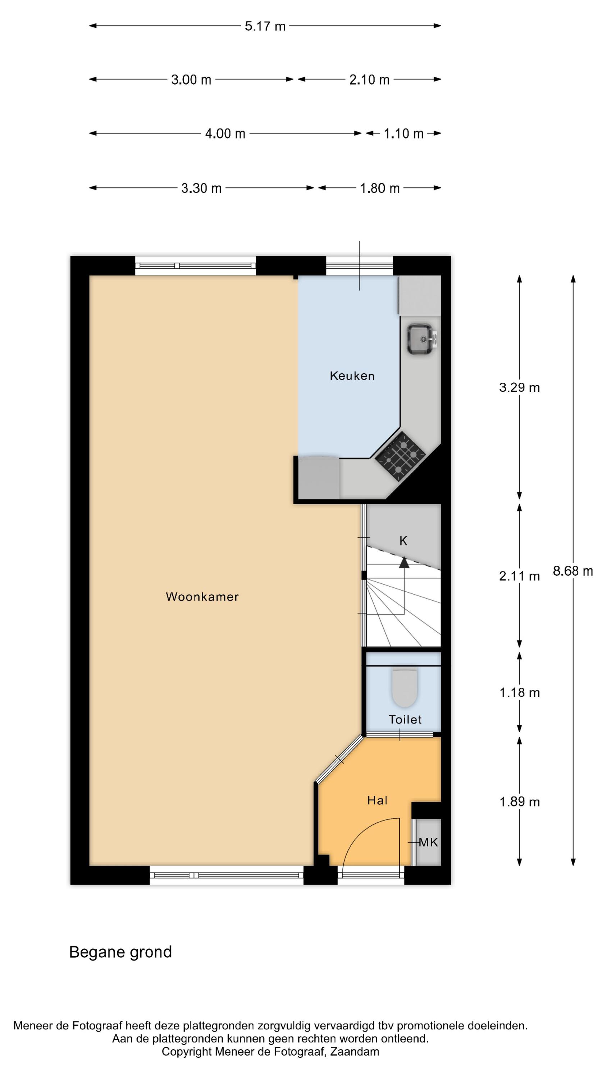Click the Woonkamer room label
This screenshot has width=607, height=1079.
[x=202, y=596]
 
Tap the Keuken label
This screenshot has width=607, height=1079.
[x=352, y=376]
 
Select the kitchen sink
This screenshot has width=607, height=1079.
[x=420, y=339]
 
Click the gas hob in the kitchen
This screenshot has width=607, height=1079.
[x=400, y=456]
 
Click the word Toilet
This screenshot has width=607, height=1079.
[x=405, y=720]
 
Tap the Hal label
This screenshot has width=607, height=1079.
[x=377, y=801]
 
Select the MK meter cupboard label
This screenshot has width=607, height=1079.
[x=428, y=842]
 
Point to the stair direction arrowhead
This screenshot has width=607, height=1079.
[x=404, y=563]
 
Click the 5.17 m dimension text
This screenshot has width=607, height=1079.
[x=265, y=26]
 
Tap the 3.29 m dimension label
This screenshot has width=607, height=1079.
[x=520, y=387]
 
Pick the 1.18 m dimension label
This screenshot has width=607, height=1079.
[x=520, y=692]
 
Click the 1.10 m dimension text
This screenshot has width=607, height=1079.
[x=404, y=134]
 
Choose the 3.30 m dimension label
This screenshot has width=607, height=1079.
[x=201, y=188]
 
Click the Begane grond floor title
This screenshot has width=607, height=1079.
[x=120, y=952]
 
